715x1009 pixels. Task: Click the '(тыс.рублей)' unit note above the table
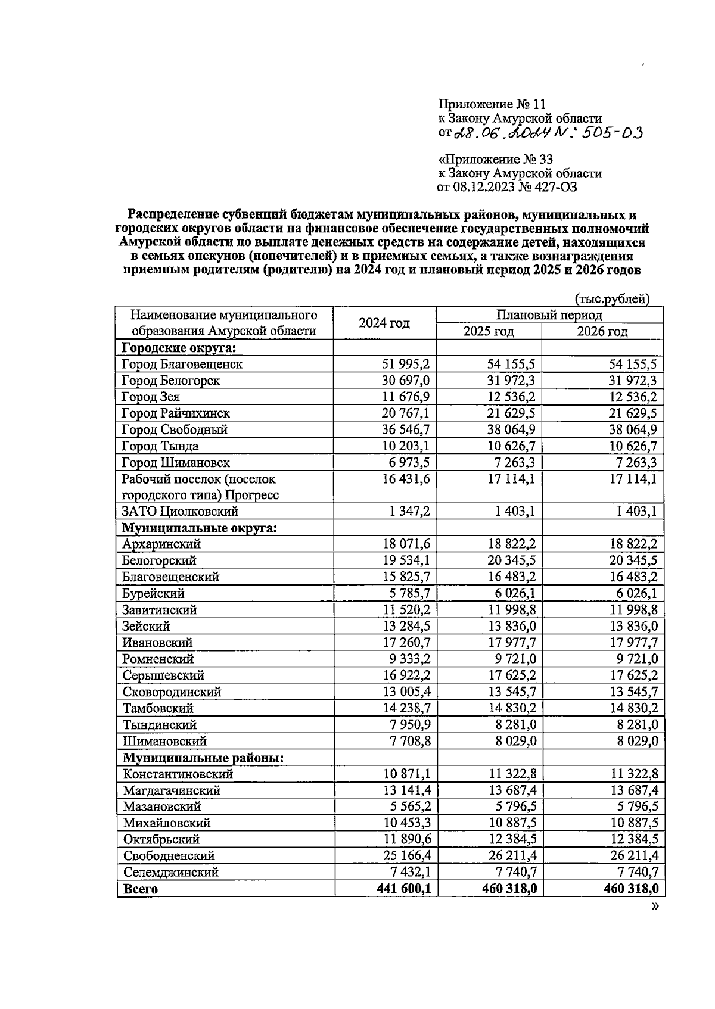[612, 298]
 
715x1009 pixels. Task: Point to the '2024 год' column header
[384, 323]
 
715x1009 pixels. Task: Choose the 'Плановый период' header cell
[549, 314]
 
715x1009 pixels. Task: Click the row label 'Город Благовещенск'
[182, 364]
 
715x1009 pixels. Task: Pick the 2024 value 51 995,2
[406, 364]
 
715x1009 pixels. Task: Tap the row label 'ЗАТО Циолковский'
[180, 511]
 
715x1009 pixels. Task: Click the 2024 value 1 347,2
[409, 511]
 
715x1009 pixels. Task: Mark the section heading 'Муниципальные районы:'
[203, 758]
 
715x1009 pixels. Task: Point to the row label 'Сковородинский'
[172, 692]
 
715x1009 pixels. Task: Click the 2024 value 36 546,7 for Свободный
[406, 429]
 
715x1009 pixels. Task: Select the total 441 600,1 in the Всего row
[403, 889]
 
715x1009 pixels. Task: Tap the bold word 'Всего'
[140, 889]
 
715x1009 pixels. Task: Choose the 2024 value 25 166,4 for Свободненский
[406, 856]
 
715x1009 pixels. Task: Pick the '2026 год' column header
[602, 332]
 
